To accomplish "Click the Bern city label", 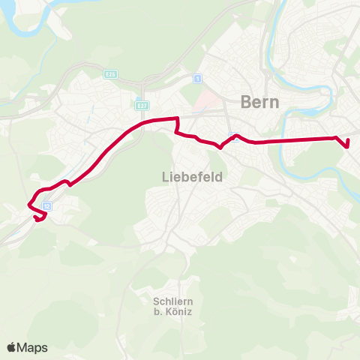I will click(x=260, y=102).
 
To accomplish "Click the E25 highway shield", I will click(x=110, y=74).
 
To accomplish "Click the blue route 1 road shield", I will click(x=197, y=79).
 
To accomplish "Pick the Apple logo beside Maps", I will click(x=12, y=347).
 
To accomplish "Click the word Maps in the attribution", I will click(x=33, y=347).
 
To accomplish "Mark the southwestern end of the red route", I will click(x=36, y=218).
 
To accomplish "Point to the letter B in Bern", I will click(x=245, y=102).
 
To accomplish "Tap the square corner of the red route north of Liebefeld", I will click(x=176, y=118).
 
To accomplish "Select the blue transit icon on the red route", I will click(x=234, y=136).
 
